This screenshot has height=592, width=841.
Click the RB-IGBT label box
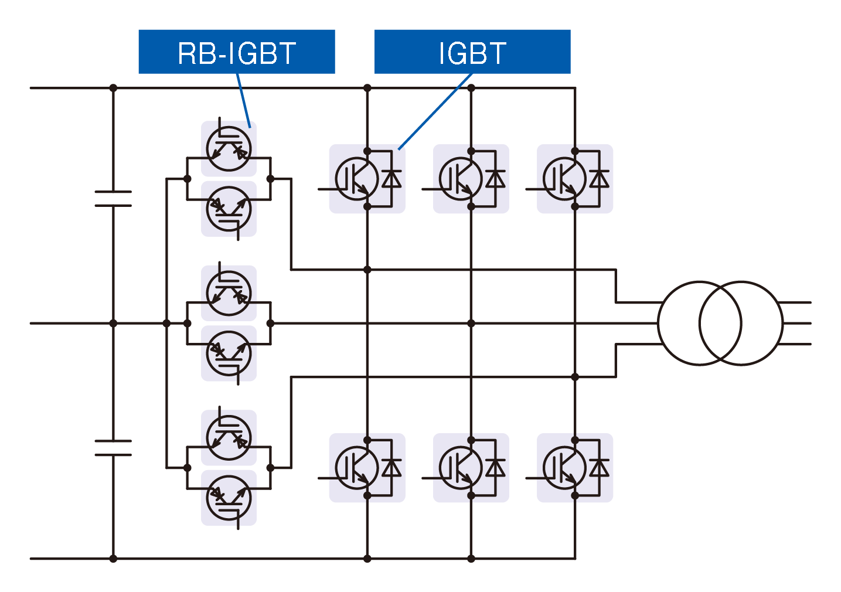[236, 52]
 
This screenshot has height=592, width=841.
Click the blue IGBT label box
[472, 52]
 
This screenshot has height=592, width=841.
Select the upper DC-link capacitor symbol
[113, 199]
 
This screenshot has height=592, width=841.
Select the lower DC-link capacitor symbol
[113, 448]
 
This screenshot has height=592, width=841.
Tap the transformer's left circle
[699, 323]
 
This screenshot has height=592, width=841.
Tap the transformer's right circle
[741, 323]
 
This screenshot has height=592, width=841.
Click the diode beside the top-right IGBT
[599, 179]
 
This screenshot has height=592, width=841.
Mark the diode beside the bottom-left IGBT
[391, 468]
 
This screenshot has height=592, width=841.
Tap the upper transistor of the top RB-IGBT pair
[229, 149]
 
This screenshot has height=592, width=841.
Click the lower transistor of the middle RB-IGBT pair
[229, 353]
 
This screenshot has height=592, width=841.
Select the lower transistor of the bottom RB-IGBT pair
[229, 498]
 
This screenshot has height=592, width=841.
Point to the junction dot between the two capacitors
[113, 323]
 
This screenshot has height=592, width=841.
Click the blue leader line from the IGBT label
[435, 111]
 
